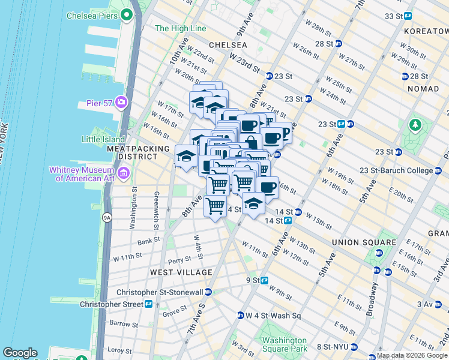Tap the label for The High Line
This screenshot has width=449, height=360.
click(180, 28)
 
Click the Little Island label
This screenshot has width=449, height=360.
click(103, 139)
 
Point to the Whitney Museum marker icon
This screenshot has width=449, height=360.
click(124, 173)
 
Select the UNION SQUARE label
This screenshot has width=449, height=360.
click(363, 242)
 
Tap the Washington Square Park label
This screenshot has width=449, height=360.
click(285, 344)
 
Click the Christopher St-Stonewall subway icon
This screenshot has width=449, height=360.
click(208, 292)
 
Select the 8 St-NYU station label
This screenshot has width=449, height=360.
click(334, 347)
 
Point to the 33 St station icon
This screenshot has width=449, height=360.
click(408, 16)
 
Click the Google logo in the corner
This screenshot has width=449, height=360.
click(20, 353)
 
